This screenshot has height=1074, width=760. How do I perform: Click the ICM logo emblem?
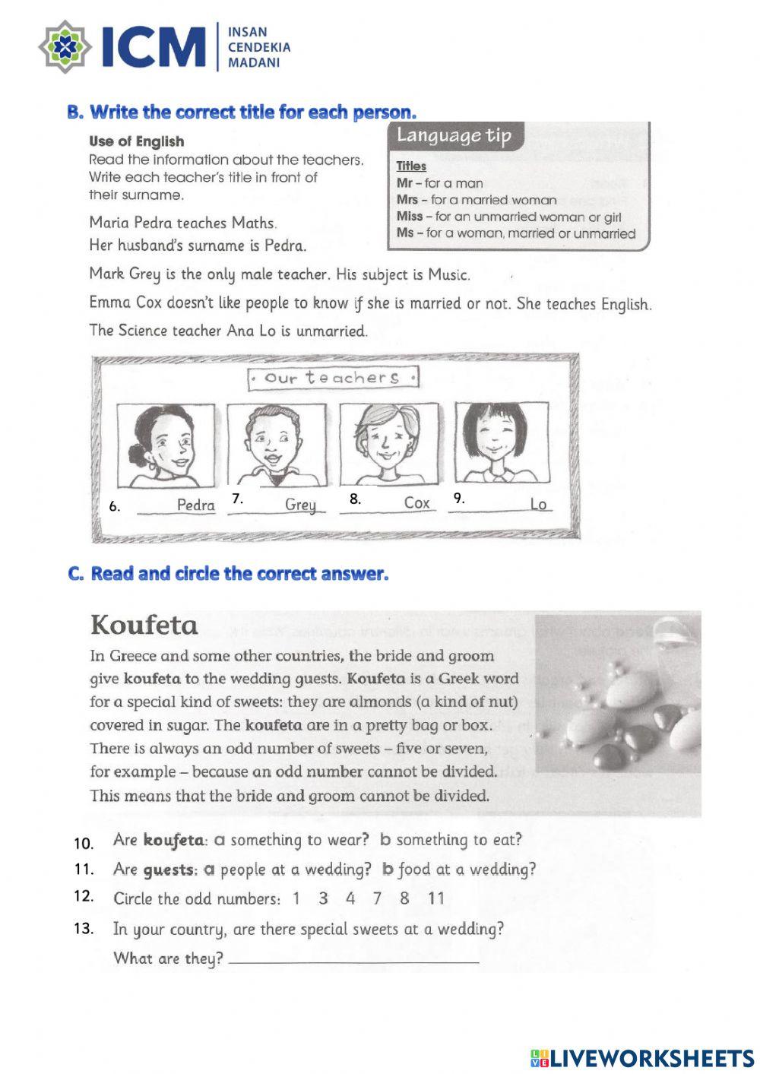66,47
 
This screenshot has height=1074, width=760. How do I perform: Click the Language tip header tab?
454,136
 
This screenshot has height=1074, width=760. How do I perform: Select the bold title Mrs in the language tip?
406,200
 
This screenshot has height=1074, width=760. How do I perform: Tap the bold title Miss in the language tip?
409,217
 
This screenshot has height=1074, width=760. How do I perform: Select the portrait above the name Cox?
388,445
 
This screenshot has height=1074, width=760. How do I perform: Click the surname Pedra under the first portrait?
195,505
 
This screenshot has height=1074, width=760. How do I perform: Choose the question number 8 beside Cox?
355,499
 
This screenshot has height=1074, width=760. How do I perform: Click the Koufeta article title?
144,626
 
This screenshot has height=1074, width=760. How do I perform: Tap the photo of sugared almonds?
617,714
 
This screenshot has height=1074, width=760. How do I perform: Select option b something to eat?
451,840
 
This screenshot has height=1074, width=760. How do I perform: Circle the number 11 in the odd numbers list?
435,898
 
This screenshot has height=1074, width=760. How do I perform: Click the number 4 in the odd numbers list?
350,898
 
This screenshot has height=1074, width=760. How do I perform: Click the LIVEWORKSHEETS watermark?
642,1057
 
